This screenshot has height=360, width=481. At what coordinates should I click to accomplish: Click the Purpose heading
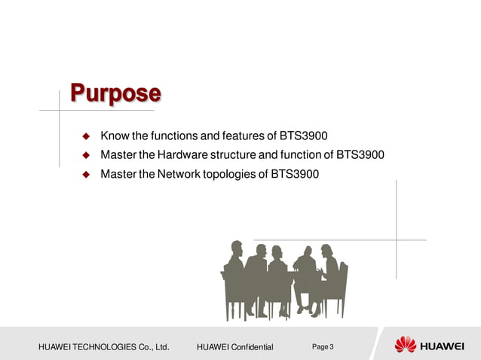[115, 93]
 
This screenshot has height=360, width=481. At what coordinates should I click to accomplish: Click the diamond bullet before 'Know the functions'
[86, 136]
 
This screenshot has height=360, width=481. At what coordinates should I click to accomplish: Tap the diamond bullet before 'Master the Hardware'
[86, 156]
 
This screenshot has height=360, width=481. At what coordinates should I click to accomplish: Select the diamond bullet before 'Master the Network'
[86, 175]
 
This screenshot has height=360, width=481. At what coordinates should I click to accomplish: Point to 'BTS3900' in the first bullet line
[304, 136]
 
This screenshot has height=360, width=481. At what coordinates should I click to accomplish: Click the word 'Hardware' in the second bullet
[181, 156]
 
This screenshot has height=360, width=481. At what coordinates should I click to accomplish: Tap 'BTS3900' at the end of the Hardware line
[360, 156]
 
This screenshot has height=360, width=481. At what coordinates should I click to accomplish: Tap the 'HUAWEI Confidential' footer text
[234, 346]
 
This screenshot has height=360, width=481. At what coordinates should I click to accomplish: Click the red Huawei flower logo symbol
[405, 345]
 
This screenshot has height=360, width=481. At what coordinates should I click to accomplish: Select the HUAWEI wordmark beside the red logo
[442, 346]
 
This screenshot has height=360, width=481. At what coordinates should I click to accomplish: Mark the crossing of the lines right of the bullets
[397, 240]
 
